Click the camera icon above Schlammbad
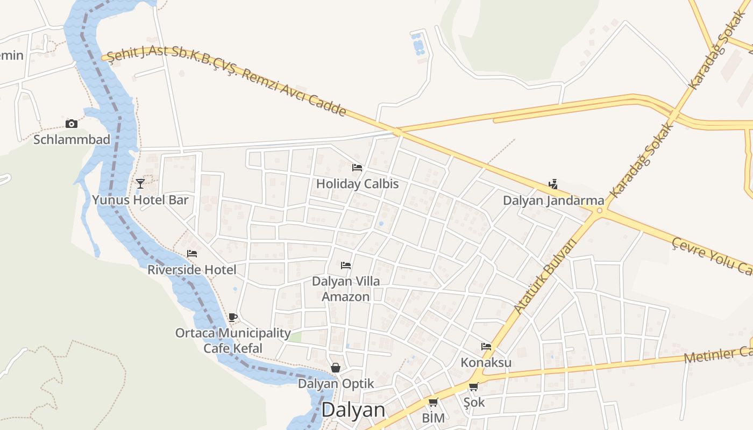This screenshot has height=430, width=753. pyautogui.click(x=71, y=124)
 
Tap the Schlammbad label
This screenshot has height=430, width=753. pyautogui.click(x=72, y=140)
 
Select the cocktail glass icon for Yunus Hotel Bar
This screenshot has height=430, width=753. pyautogui.click(x=140, y=184)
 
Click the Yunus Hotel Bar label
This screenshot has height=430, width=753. pyautogui.click(x=140, y=200)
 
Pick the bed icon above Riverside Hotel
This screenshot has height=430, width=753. pyautogui.click(x=192, y=254)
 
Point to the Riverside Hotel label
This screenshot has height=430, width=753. pyautogui.click(x=192, y=269)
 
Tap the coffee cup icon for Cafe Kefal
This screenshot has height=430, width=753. pyautogui.click(x=232, y=318)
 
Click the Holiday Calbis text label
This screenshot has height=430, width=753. pyautogui.click(x=357, y=184)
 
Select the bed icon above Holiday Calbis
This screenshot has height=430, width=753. pyautogui.click(x=357, y=168)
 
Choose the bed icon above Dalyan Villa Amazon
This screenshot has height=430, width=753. pyautogui.click(x=346, y=266)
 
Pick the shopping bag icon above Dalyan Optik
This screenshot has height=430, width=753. pyautogui.click(x=336, y=368)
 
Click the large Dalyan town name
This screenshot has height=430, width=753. pyautogui.click(x=353, y=410)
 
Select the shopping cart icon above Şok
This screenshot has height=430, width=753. pyautogui.click(x=473, y=387)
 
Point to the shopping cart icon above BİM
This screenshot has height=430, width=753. pyautogui.click(x=433, y=403)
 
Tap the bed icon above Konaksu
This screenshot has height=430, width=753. pyautogui.click(x=486, y=347)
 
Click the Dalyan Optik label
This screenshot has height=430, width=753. pyautogui.click(x=336, y=384)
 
